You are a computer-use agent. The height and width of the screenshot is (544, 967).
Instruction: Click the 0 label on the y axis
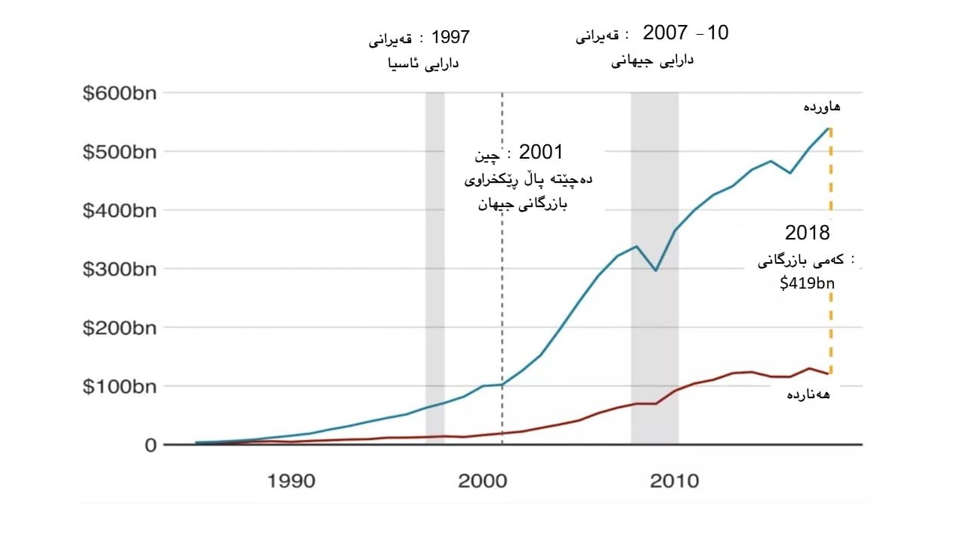click(149, 445)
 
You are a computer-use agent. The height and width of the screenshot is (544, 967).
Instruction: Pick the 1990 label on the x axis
click(292, 481)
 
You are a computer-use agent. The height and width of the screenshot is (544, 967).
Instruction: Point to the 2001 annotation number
click(541, 152)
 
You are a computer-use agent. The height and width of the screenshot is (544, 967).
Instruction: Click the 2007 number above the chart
click(665, 32)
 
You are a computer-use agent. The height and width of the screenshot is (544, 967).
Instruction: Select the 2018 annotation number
click(807, 233)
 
